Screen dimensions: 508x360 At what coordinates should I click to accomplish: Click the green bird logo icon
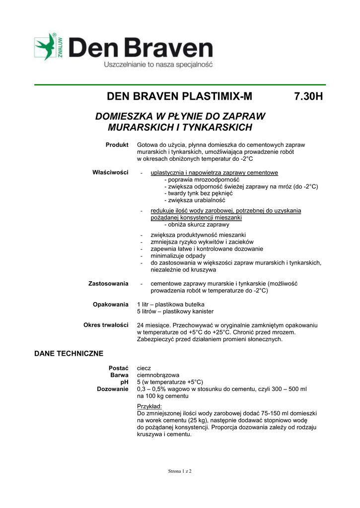pos(47,48)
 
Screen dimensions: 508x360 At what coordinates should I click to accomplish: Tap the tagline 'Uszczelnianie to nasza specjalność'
pos(157,65)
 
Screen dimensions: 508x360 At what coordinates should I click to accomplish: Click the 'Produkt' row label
pos(117,144)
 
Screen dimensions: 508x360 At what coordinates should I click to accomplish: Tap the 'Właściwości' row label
pos(110,173)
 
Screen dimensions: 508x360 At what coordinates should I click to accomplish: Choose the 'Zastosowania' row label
pos(108,283)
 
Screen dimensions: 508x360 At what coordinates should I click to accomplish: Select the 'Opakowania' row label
pos(111,304)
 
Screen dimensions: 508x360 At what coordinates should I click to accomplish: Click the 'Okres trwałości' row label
pos(106,324)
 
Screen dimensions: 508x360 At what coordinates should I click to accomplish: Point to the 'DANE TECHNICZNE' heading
pos(69,354)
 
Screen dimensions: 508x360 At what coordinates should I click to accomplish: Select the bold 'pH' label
pos(124,382)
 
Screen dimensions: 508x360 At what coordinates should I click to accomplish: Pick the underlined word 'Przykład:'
pos(149,406)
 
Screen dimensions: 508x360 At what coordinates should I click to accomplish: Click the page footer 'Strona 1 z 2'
pos(180,471)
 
